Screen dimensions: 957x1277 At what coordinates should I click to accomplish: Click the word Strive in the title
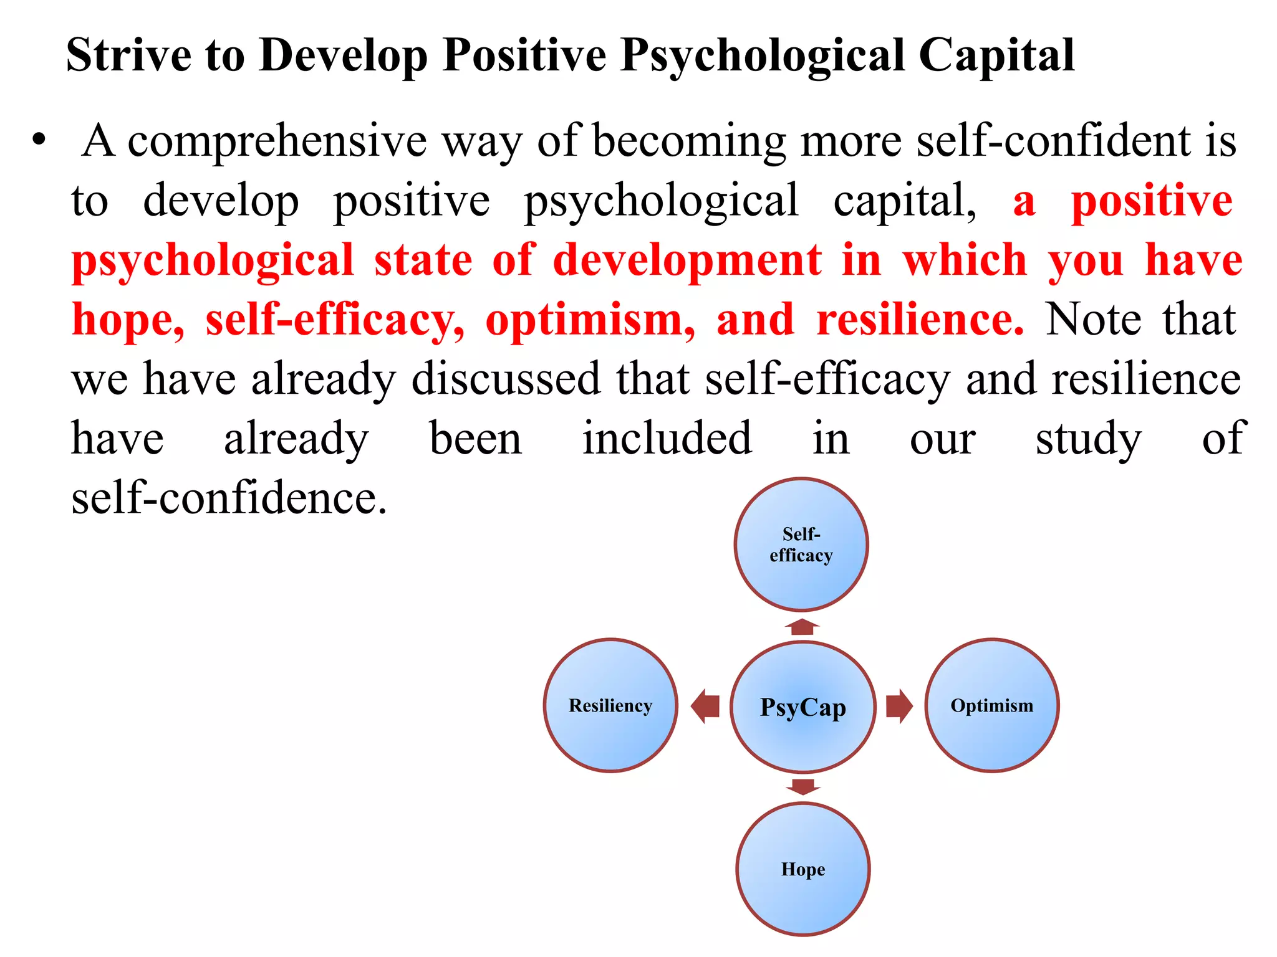128,55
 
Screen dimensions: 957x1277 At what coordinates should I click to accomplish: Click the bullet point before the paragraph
39,140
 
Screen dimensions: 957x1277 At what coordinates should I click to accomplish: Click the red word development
687,260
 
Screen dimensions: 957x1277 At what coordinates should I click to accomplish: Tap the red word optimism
590,320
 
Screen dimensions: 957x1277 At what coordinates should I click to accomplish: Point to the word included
667,439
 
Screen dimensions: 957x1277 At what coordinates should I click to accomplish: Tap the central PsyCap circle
803,707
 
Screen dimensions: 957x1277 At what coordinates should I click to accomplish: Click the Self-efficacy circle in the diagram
801,545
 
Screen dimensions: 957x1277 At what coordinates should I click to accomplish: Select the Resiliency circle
610,705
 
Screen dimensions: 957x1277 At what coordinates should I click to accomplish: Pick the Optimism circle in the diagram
991,705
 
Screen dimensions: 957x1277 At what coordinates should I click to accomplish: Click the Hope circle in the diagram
803,869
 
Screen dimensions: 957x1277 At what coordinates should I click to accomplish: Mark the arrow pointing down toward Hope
803,786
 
